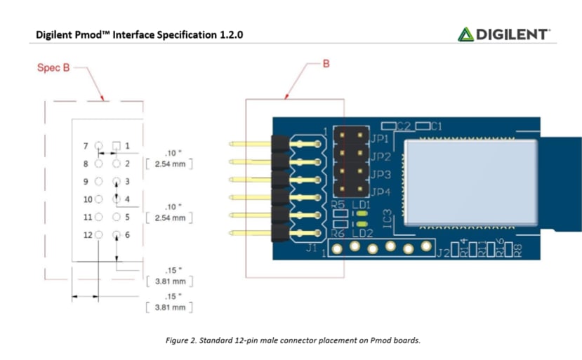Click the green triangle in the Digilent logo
[465, 34]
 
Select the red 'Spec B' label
[53, 68]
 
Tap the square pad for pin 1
[117, 146]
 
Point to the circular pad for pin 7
[98, 146]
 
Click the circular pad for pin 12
[98, 235]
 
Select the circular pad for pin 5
[117, 218]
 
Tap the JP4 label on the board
[380, 192]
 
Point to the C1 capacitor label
[436, 127]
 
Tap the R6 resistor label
[338, 232]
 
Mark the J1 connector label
[312, 247]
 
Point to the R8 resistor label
[517, 248]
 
